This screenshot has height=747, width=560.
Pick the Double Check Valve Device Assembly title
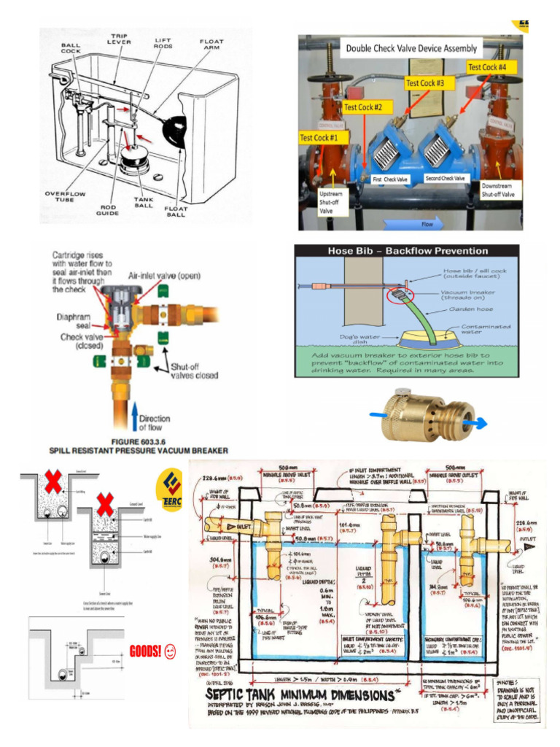pos(412,49)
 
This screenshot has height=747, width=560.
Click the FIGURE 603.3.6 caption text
pos(138,441)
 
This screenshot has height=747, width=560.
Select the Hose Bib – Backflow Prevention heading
pos(407,251)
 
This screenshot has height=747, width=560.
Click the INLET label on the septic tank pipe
pos(241,526)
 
